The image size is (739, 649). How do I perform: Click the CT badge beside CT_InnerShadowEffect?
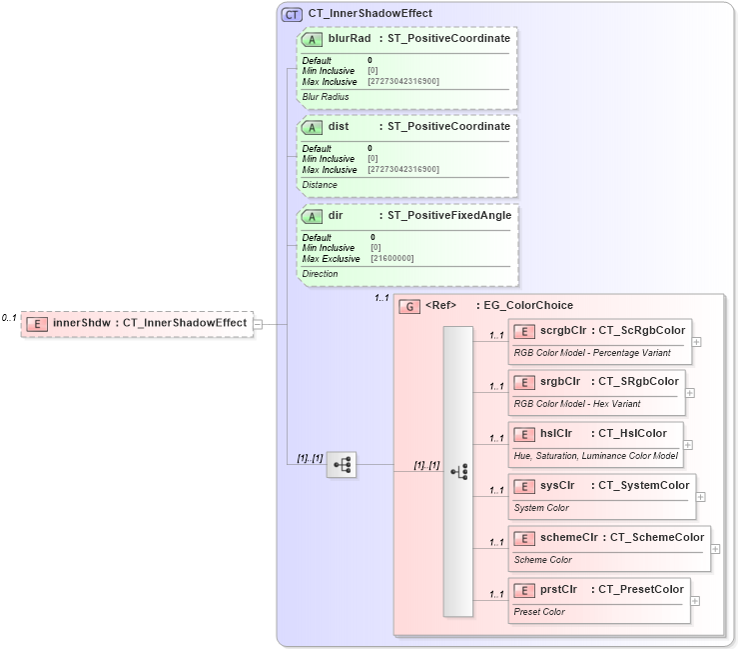click(292, 14)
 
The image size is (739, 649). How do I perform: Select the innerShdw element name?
click(81, 323)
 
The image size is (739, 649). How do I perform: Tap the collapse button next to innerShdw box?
click(258, 324)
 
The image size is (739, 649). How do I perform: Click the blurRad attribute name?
click(350, 38)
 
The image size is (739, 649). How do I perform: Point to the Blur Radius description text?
click(326, 97)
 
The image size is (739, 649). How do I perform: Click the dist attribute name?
click(339, 126)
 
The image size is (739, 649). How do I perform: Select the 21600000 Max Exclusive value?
click(392, 259)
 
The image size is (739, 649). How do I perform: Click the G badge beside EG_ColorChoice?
click(408, 306)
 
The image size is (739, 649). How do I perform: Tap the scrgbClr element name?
click(562, 330)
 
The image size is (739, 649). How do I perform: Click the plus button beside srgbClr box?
click(690, 393)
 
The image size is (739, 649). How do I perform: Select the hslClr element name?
click(555, 434)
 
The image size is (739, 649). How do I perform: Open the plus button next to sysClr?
click(700, 497)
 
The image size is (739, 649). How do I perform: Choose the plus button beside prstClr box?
click(695, 601)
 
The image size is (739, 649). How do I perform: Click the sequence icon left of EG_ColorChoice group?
click(342, 465)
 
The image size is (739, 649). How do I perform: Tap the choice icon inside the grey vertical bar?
click(458, 471)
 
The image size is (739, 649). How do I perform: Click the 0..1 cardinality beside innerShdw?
click(9, 318)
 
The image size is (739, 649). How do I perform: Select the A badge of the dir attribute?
click(312, 215)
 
